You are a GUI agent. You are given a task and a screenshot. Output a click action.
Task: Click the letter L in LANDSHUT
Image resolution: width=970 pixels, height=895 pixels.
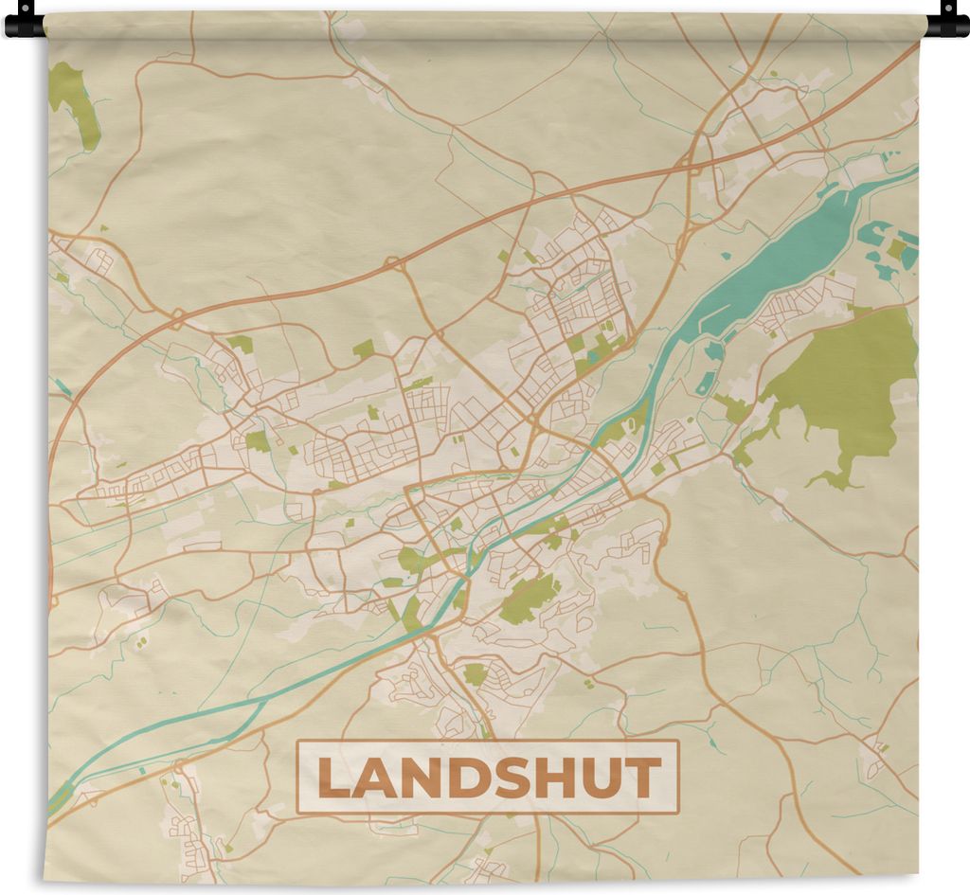click(332, 779)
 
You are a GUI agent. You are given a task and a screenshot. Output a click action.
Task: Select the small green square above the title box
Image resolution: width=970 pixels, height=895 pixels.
click(474, 675)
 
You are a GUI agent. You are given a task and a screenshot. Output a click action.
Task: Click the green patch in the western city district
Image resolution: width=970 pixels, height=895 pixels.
click(257, 441)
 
